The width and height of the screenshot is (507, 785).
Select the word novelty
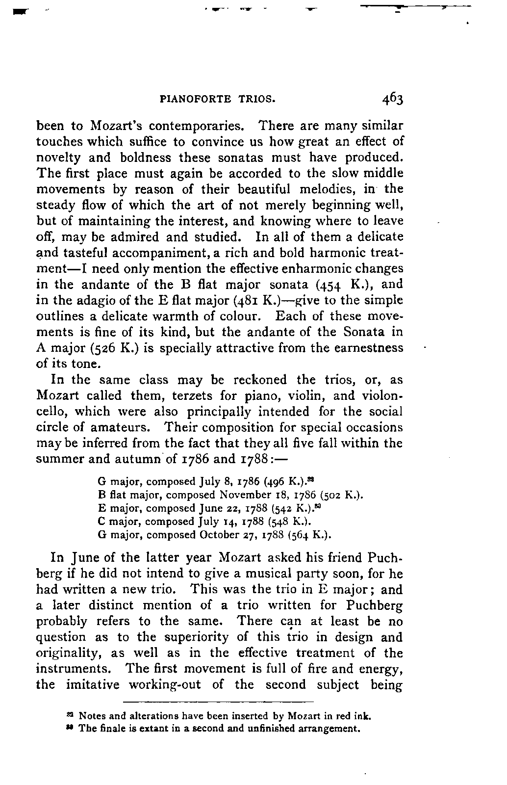coord(54,157)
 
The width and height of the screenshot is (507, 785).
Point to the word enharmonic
coord(340,268)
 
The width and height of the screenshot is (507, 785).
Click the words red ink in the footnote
coord(356,716)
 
